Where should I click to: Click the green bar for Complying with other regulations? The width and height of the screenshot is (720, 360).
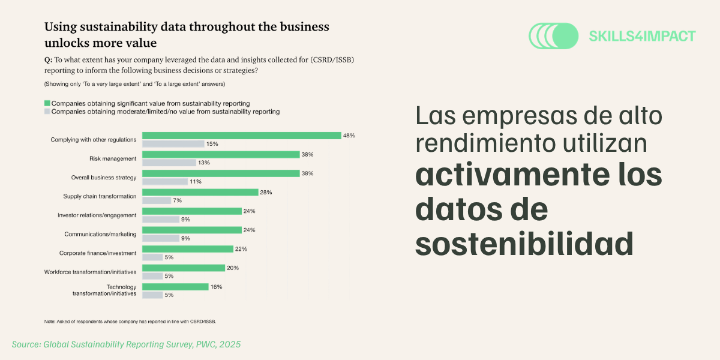coord(241,136)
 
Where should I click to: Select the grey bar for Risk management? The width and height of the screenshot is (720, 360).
coord(169,163)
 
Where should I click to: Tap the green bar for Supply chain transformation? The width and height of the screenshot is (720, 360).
coord(199,193)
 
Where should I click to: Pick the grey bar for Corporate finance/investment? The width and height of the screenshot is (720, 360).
coord(152,257)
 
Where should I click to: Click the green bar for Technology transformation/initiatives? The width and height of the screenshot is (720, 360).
coord(174,287)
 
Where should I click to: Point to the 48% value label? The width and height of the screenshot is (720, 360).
coord(349,136)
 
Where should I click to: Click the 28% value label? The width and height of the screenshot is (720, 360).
coord(266,193)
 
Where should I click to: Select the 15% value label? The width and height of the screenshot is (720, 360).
coord(212,144)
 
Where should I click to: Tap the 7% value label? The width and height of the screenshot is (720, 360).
coord(177,200)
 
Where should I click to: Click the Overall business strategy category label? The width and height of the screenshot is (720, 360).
coord(104,178)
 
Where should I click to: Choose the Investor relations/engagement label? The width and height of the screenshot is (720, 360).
coord(97,215)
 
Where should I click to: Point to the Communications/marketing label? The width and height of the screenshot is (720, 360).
coord(101,234)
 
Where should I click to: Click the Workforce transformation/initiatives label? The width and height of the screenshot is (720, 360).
coord(91,272)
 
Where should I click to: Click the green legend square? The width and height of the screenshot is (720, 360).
coord(47,103)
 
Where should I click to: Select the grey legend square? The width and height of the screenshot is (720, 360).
coord(47,112)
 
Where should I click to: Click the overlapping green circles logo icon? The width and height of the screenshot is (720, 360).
coord(553,36)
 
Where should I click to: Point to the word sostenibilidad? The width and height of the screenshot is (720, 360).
coord(524,244)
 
